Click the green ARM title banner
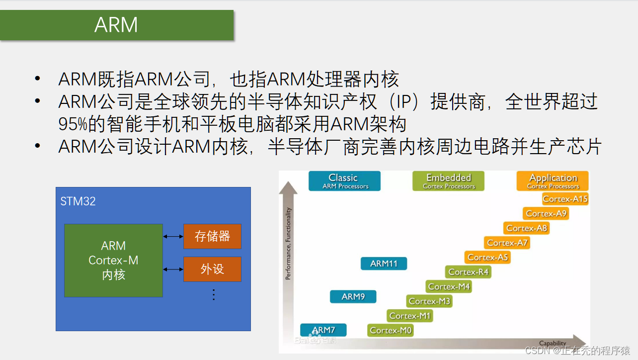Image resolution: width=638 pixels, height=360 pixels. click(116, 25)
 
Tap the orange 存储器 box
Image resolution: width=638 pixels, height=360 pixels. click(212, 236)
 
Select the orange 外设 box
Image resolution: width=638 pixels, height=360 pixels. click(212, 269)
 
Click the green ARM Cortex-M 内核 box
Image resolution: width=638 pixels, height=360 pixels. click(113, 261)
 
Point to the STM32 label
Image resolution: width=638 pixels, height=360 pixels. click(78, 201)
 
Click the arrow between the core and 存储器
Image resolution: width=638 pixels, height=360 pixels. click(173, 236)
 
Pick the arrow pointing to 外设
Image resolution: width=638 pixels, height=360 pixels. click(173, 269)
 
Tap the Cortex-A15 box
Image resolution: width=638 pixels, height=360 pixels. click(565, 199)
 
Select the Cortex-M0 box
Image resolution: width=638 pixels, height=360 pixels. click(391, 330)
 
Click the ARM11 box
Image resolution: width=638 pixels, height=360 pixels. click(384, 264)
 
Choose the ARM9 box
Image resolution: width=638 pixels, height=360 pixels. click(353, 296)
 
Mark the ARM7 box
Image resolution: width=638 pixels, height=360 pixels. click(323, 330)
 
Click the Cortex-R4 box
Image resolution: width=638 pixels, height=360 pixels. click(469, 272)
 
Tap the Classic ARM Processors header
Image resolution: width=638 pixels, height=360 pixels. click(344, 181)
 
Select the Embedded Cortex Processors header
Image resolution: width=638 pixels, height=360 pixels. click(449, 181)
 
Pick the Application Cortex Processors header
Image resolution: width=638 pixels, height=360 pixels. click(553, 181)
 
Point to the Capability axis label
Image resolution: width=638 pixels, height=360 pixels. click(553, 343)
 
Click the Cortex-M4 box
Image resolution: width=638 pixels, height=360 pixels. click(449, 286)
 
